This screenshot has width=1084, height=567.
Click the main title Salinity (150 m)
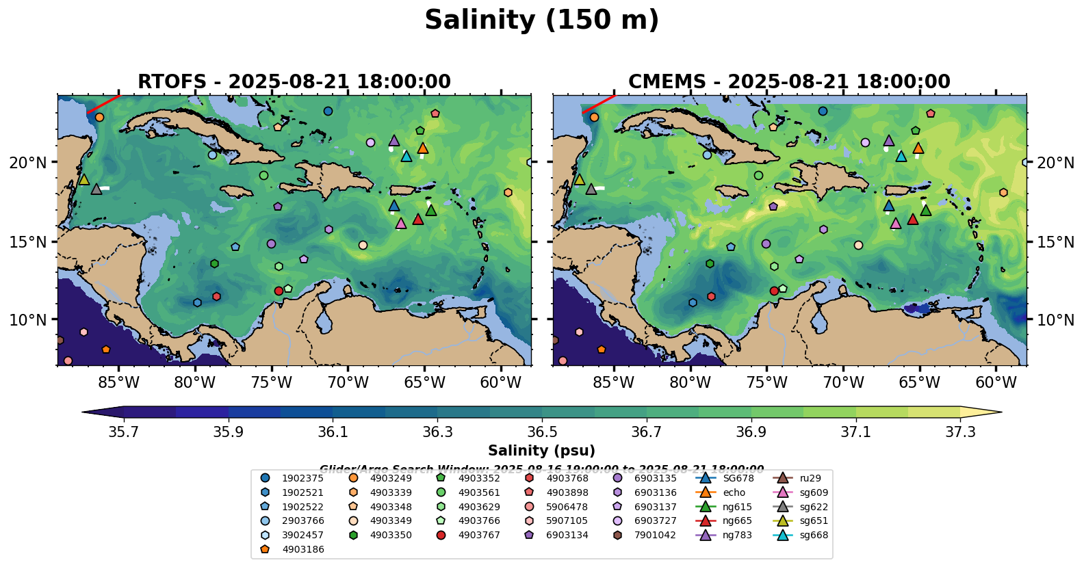click(541, 21)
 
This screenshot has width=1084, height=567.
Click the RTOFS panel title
click(294, 82)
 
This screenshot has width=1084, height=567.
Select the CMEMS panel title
click(789, 82)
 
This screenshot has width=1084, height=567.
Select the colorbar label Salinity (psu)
click(541, 451)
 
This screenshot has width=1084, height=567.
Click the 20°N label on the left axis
click(28, 163)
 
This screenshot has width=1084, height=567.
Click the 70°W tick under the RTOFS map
click(348, 382)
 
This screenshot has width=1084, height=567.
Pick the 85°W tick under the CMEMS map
click(614, 382)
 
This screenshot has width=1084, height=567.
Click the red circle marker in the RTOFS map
click(279, 291)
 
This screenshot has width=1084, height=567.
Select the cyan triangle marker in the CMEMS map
click(901, 156)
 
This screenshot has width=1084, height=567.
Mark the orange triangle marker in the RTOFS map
click(423, 148)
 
